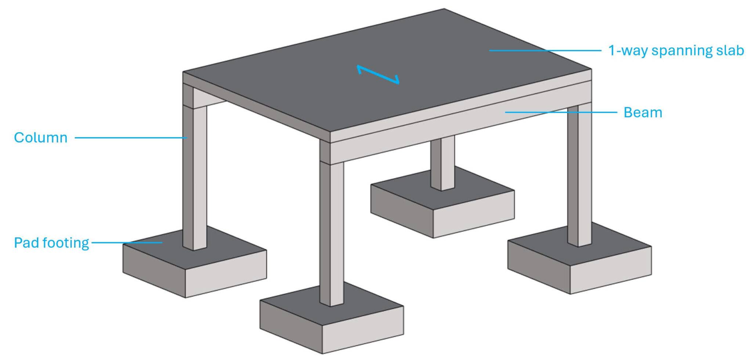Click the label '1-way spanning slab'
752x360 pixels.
(676, 51)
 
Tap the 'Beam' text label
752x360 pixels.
(643, 113)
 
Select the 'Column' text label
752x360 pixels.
(41, 138)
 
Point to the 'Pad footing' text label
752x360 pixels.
(51, 243)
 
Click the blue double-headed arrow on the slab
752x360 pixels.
(378, 74)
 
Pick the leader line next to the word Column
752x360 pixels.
(131, 138)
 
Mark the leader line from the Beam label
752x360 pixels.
(561, 112)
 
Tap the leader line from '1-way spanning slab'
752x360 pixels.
(545, 50)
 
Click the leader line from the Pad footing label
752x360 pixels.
(127, 243)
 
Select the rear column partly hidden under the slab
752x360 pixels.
(442, 163)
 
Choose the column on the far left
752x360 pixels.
(195, 167)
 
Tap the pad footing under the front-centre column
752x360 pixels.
(332, 317)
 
